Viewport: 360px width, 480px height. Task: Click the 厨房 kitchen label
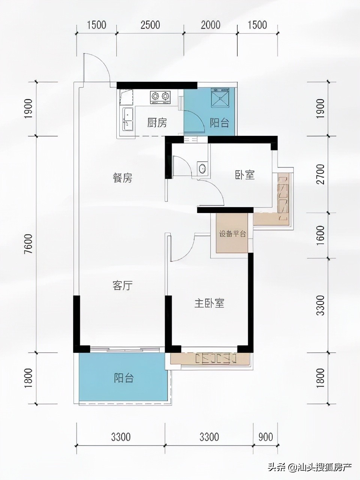(x=157, y=123)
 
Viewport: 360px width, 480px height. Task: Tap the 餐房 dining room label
(x=123, y=178)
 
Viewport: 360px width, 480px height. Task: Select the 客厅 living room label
(x=123, y=286)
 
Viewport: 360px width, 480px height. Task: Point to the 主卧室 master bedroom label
(x=209, y=303)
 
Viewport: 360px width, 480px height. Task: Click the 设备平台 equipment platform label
(x=232, y=234)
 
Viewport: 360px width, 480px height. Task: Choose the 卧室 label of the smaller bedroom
(x=245, y=175)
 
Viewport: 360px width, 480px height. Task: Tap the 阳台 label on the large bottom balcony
(x=124, y=378)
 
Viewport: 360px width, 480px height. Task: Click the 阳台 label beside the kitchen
(x=219, y=123)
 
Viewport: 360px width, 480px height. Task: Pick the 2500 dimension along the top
(x=150, y=25)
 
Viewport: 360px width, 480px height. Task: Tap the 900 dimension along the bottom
(x=265, y=437)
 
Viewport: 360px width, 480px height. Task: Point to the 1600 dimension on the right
(x=320, y=235)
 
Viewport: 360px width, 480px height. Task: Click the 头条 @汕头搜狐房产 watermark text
(x=309, y=467)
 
